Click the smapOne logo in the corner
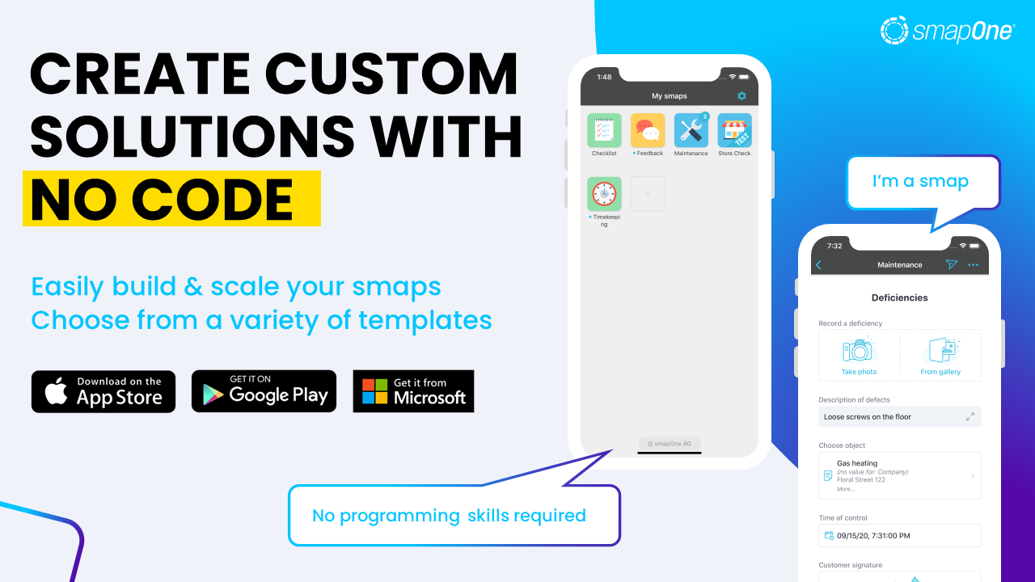[x=947, y=31]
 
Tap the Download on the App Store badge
[x=103, y=391]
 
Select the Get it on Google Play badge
[x=264, y=391]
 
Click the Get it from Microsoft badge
[x=413, y=391]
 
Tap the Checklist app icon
[x=604, y=130]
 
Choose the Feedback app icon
[x=648, y=130]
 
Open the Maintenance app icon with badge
[x=691, y=130]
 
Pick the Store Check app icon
[x=734, y=130]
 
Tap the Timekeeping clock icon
[x=604, y=194]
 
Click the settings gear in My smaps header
[x=741, y=96]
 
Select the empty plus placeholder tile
[x=648, y=194]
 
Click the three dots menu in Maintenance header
[x=973, y=265]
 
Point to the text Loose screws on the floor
[x=867, y=417]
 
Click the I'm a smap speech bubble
[x=921, y=182]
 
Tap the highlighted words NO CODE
[x=162, y=199]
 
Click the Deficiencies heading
[x=900, y=297]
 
